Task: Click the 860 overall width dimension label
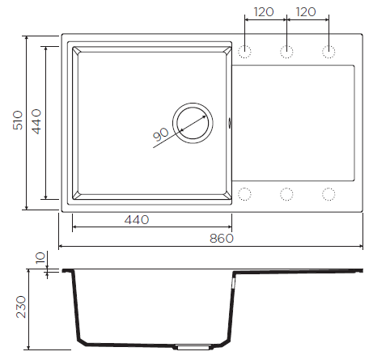(222, 239)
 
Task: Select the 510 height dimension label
(18, 121)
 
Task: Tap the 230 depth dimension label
(21, 307)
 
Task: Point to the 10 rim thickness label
(40, 258)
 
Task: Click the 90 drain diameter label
(161, 134)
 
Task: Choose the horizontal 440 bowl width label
(137, 220)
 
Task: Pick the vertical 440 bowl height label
(36, 121)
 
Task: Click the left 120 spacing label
(264, 12)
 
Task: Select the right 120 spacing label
(306, 12)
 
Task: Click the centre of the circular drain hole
(193, 123)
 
